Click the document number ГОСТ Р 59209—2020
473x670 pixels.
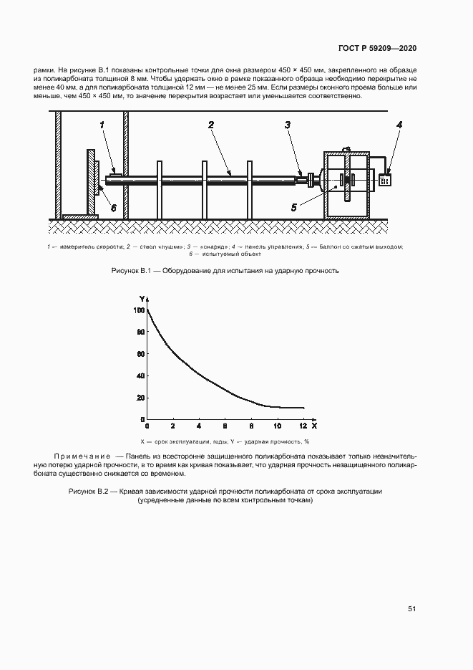(x=378, y=48)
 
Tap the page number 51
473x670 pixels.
(x=412, y=608)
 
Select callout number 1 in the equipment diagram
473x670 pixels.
(x=102, y=125)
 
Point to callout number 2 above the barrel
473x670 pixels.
(x=211, y=125)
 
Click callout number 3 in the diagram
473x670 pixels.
(x=287, y=125)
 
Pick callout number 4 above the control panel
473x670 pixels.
(x=399, y=125)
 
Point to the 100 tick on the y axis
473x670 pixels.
(x=139, y=310)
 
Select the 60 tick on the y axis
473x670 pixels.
(x=141, y=354)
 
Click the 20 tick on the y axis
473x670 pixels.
(x=141, y=398)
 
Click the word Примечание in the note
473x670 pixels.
(x=82, y=456)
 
